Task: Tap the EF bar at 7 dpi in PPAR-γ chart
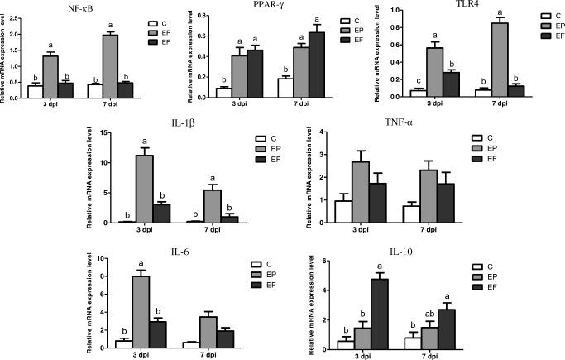[x=292, y=65]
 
